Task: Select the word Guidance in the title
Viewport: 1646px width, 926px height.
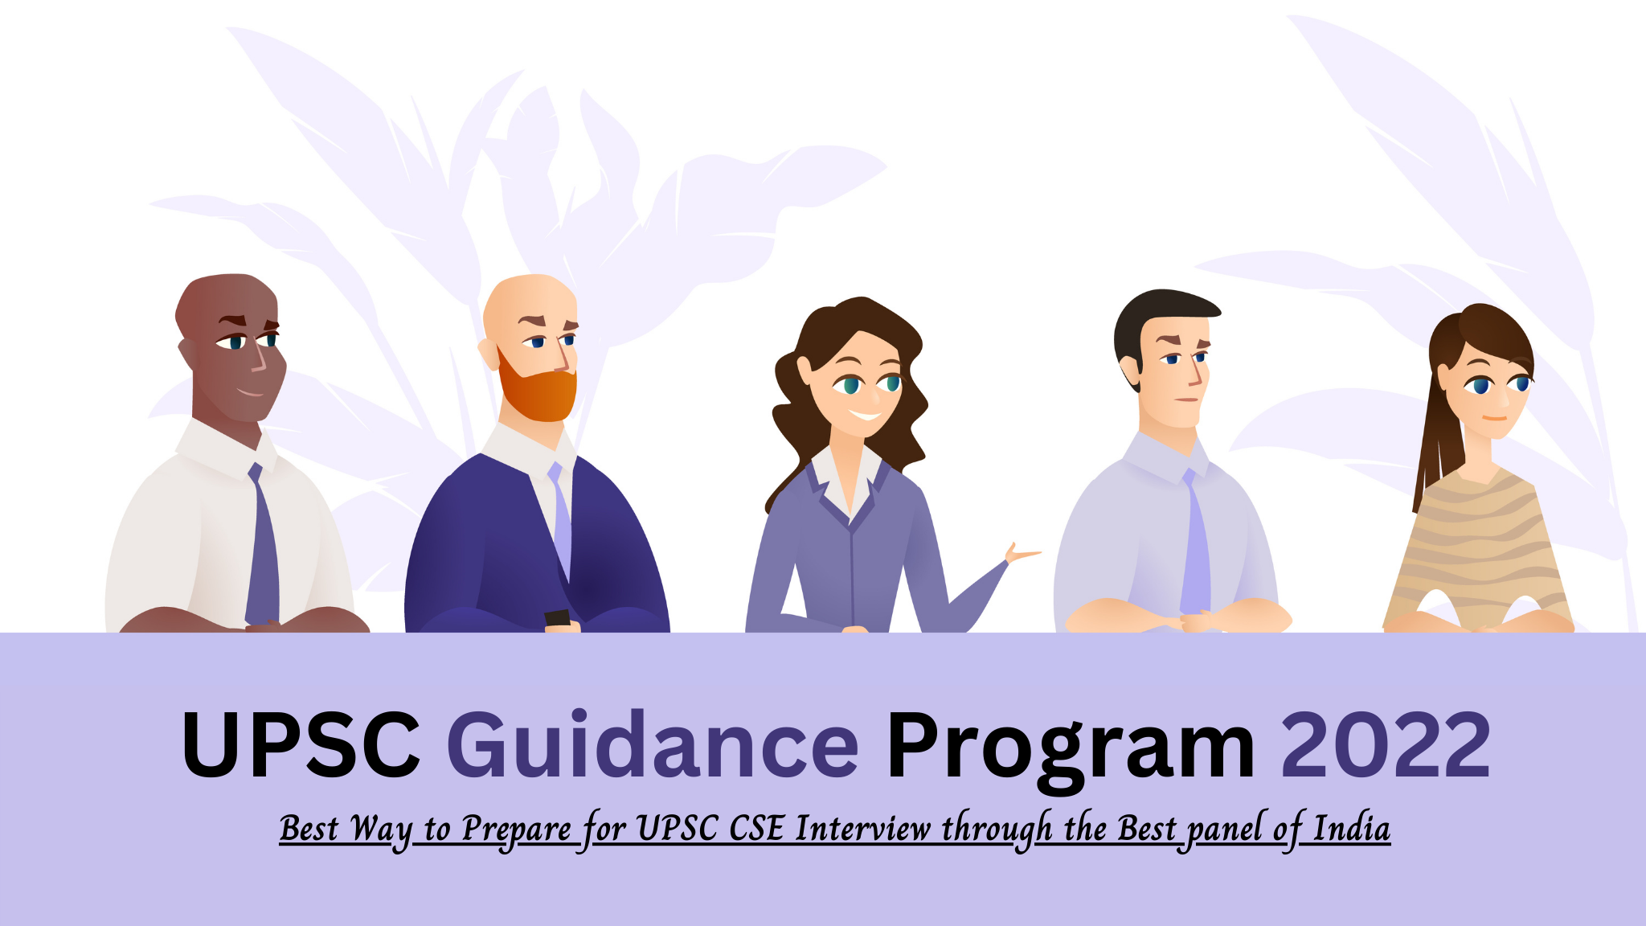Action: (653, 745)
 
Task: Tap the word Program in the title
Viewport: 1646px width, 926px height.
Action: (1070, 745)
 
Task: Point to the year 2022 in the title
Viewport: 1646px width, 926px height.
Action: (1386, 745)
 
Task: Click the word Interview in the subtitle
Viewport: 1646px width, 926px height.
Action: (862, 829)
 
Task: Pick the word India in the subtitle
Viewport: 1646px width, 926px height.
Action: (1351, 829)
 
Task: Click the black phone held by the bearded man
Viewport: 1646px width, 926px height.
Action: (557, 618)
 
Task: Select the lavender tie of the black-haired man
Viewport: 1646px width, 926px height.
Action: (1195, 547)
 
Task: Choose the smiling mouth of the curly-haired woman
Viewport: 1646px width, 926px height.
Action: (866, 415)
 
